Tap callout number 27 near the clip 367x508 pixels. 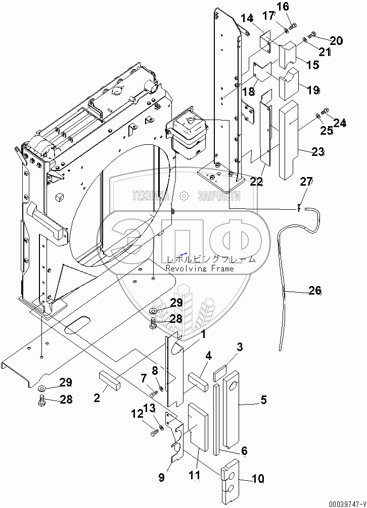pos(307,182)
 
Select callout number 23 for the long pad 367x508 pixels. pos(317,152)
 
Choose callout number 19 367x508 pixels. pos(327,90)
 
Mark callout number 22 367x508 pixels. pos(257,182)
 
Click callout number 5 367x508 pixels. pos(263,401)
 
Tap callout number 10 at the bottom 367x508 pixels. pos(258,479)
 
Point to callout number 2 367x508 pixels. pos(97,398)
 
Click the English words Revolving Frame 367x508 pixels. pos(200,269)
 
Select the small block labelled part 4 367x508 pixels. pos(198,379)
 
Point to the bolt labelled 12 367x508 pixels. pos(153,431)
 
